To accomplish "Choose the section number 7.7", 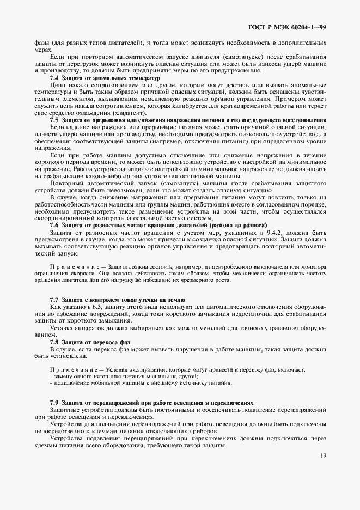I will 54,300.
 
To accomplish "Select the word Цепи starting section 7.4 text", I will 57,86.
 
